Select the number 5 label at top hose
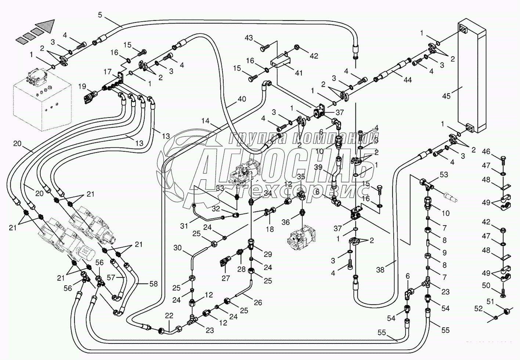100,15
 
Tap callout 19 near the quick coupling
81,87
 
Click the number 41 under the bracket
299,73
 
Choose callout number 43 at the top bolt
249,37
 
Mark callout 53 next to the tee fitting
444,174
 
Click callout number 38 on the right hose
380,270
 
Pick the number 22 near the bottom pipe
169,316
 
